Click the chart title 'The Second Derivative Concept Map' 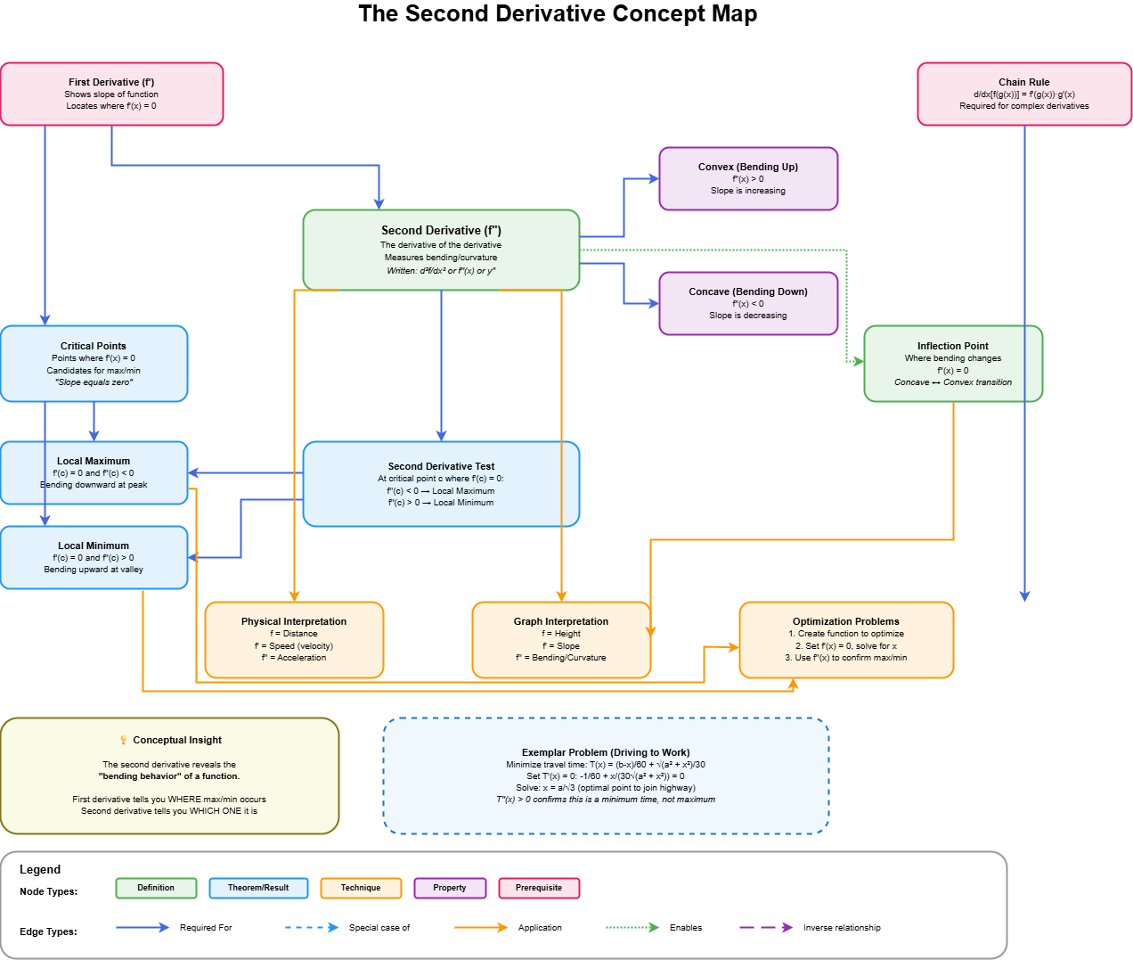click(558, 14)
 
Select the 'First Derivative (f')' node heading click(111, 82)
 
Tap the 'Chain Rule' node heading click(1023, 82)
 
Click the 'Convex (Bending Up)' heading click(747, 167)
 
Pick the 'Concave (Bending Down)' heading click(747, 291)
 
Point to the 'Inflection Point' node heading click(952, 346)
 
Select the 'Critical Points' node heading click(94, 346)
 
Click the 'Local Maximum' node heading click(94, 461)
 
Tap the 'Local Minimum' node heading click(94, 546)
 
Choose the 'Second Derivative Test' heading click(441, 466)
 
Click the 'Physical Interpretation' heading click(294, 621)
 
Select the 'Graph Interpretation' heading click(561, 621)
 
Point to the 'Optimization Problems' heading click(845, 621)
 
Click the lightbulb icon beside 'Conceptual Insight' click(124, 740)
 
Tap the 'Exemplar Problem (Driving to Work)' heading click(606, 752)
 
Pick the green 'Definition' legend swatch click(156, 888)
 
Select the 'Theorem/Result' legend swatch click(258, 888)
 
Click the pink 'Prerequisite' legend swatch click(539, 888)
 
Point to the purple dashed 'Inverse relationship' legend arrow click(766, 928)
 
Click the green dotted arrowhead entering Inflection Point click(859, 361)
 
